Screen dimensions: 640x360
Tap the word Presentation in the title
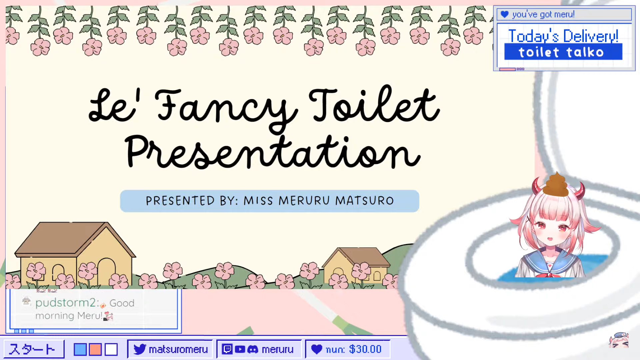pyautogui.click(x=272, y=152)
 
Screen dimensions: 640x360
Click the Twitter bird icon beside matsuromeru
pyautogui.click(x=140, y=349)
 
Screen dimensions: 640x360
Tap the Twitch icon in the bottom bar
pyautogui.click(x=227, y=349)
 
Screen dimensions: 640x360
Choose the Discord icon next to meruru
pyautogui.click(x=253, y=349)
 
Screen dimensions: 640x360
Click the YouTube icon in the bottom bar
pyautogui.click(x=240, y=349)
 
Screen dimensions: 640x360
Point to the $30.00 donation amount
pyautogui.click(x=365, y=349)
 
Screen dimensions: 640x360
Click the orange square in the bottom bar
pyautogui.click(x=95, y=349)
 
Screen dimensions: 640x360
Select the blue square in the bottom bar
pyautogui.click(x=80, y=349)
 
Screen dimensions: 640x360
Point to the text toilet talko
pyautogui.click(x=561, y=52)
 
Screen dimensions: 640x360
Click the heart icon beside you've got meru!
pyautogui.click(x=505, y=14)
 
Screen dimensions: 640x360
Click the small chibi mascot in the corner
pyautogui.click(x=619, y=340)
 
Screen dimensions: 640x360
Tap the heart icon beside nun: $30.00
pyautogui.click(x=317, y=349)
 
